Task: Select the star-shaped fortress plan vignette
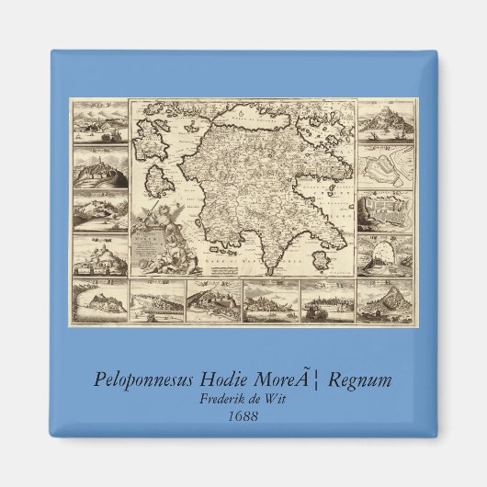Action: (383, 166)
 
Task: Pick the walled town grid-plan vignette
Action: (383, 210)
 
